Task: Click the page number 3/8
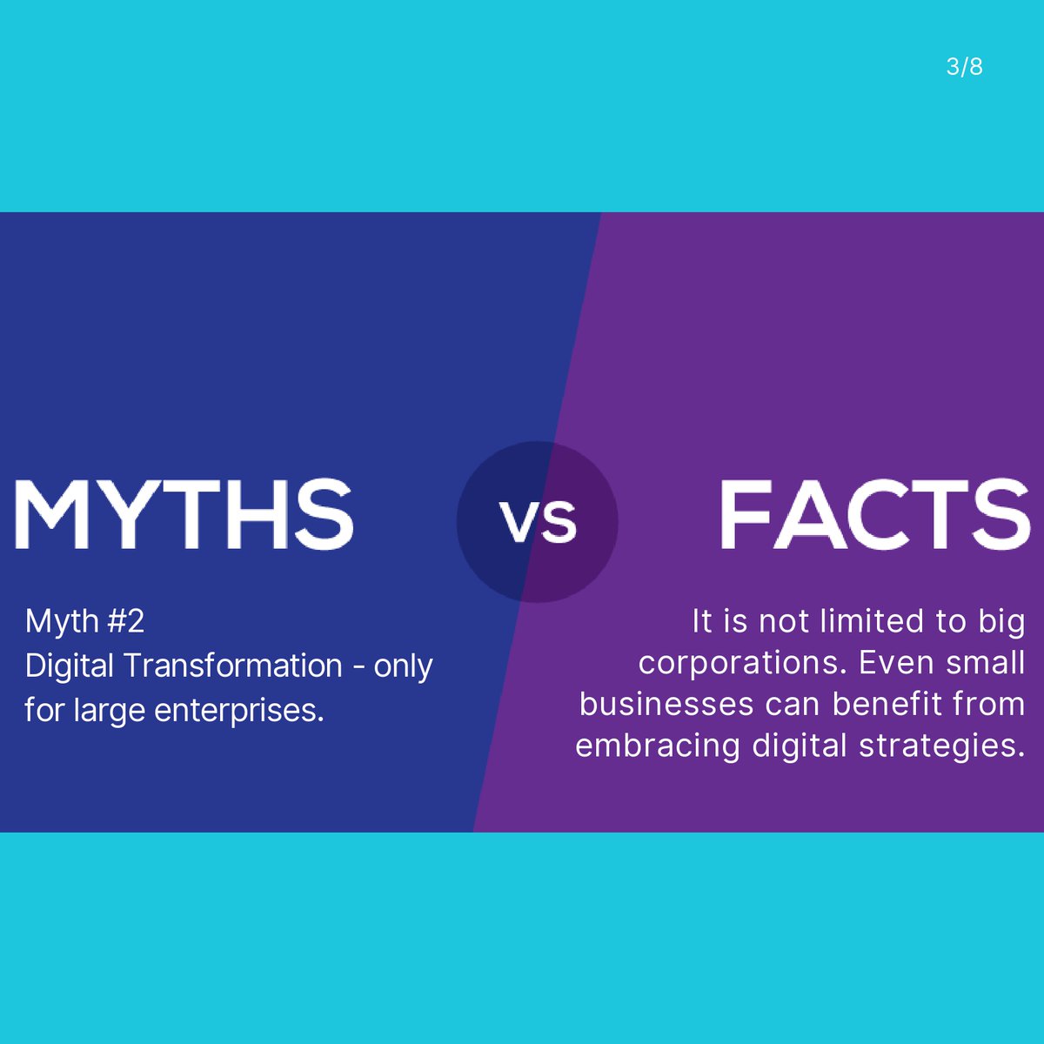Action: pyautogui.click(x=964, y=67)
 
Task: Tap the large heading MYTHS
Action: pyautogui.click(x=184, y=514)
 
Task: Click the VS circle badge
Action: pyautogui.click(x=538, y=522)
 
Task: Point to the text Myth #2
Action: pyautogui.click(x=84, y=621)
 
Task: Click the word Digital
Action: pyautogui.click(x=70, y=666)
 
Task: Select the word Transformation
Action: pyautogui.click(x=232, y=666)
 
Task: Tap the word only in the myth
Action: pyautogui.click(x=403, y=666)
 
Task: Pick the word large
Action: pyautogui.click(x=111, y=711)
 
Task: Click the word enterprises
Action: pyautogui.click(x=239, y=711)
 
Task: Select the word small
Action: pyautogui.click(x=986, y=663)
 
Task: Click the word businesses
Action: pyautogui.click(x=666, y=704)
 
